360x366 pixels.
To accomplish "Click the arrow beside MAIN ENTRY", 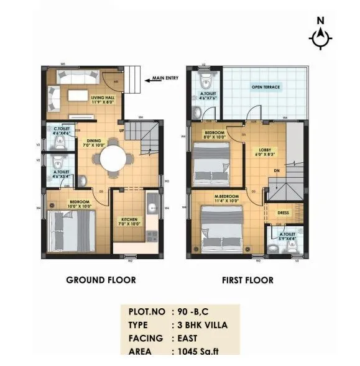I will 147,79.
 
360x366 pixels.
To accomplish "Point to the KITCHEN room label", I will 129,221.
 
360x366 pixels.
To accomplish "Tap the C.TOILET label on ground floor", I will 60,130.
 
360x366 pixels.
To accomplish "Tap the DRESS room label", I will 283,213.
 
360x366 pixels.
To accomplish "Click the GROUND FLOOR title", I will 101,280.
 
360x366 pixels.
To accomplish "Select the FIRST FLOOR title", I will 247,280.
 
